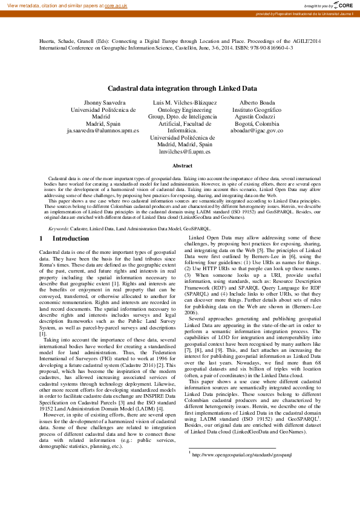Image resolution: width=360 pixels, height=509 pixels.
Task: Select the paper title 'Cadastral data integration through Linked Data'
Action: [x=180, y=88]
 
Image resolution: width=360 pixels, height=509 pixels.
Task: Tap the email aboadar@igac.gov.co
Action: [x=257, y=130]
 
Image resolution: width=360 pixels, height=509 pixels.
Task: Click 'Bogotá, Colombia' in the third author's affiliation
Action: [x=257, y=123]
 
